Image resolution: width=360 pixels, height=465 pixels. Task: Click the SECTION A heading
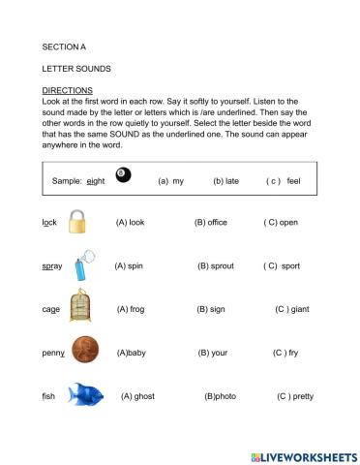[x=64, y=46]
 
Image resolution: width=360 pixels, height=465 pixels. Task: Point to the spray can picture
[x=84, y=263]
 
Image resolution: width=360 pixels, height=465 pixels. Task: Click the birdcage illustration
[x=81, y=308]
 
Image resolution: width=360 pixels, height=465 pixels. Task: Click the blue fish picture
[x=86, y=395]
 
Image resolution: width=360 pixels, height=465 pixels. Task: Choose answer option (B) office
[x=210, y=222]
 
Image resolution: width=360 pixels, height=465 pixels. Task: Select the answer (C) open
[x=281, y=222]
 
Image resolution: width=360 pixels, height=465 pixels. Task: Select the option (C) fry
[x=285, y=353]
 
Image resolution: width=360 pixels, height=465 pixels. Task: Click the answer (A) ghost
[x=138, y=396]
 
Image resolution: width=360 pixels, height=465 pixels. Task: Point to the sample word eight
[x=95, y=180]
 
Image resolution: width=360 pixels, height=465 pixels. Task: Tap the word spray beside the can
[x=52, y=265]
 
